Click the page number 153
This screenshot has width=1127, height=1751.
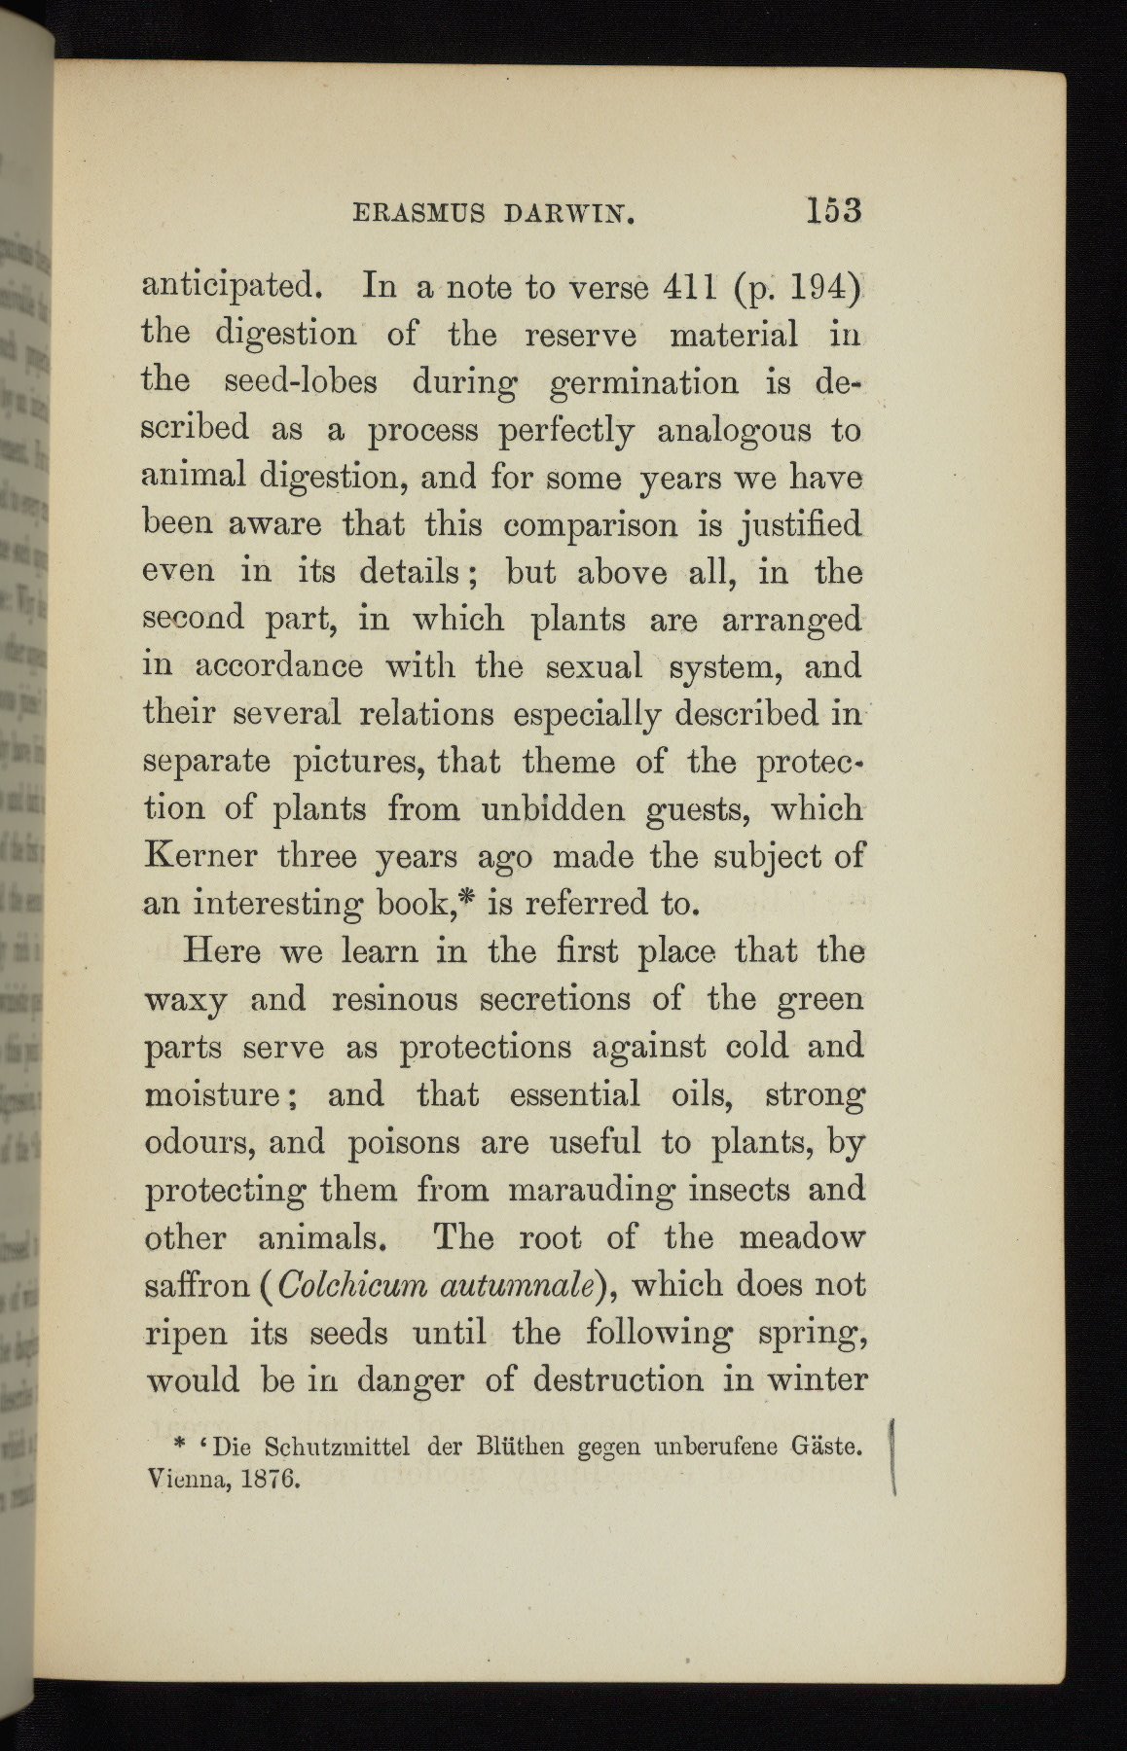click(x=834, y=211)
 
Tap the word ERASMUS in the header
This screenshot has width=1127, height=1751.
click(x=404, y=213)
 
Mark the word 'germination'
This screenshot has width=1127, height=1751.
click(x=643, y=382)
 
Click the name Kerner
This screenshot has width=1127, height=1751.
click(x=200, y=856)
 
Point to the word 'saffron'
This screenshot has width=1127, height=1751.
click(x=198, y=1285)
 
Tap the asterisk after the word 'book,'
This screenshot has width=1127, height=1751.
click(x=472, y=897)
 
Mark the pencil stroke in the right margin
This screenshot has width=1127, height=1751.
click(x=892, y=1456)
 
